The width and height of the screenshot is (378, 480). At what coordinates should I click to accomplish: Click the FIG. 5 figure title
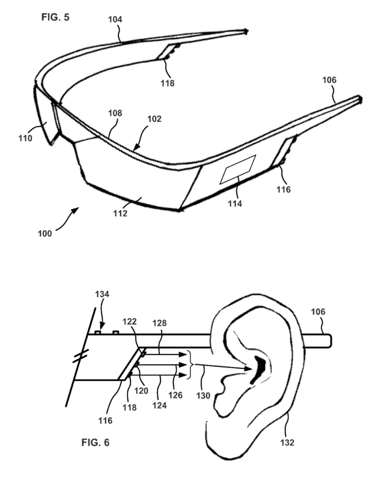(x=55, y=17)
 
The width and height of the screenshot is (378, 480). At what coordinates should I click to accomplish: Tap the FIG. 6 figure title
(x=96, y=442)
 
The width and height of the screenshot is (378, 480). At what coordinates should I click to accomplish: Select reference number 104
(x=115, y=19)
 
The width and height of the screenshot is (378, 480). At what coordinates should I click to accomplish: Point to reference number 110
(x=25, y=138)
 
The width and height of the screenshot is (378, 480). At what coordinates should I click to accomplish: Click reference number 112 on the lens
(x=120, y=213)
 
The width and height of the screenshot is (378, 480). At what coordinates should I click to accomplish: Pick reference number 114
(x=235, y=204)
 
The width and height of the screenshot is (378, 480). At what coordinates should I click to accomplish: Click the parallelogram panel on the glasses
(x=238, y=169)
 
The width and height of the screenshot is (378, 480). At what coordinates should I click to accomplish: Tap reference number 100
(x=44, y=234)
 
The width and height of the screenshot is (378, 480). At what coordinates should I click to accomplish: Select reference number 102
(x=154, y=119)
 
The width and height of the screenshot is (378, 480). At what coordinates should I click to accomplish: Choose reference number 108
(x=115, y=114)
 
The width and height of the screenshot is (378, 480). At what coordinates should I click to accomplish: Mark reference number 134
(x=102, y=294)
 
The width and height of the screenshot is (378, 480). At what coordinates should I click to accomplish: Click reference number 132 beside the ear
(x=287, y=442)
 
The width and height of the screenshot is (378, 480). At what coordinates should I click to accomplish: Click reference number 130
(x=203, y=395)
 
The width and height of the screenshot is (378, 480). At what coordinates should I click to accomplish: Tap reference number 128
(x=160, y=323)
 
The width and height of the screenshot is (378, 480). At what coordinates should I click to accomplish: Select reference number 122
(x=130, y=321)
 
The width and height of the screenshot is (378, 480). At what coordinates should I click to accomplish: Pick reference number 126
(x=175, y=395)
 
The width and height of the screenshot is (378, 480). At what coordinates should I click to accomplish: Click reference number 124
(x=160, y=405)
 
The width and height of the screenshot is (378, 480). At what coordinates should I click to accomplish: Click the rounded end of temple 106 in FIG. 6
(x=329, y=341)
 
